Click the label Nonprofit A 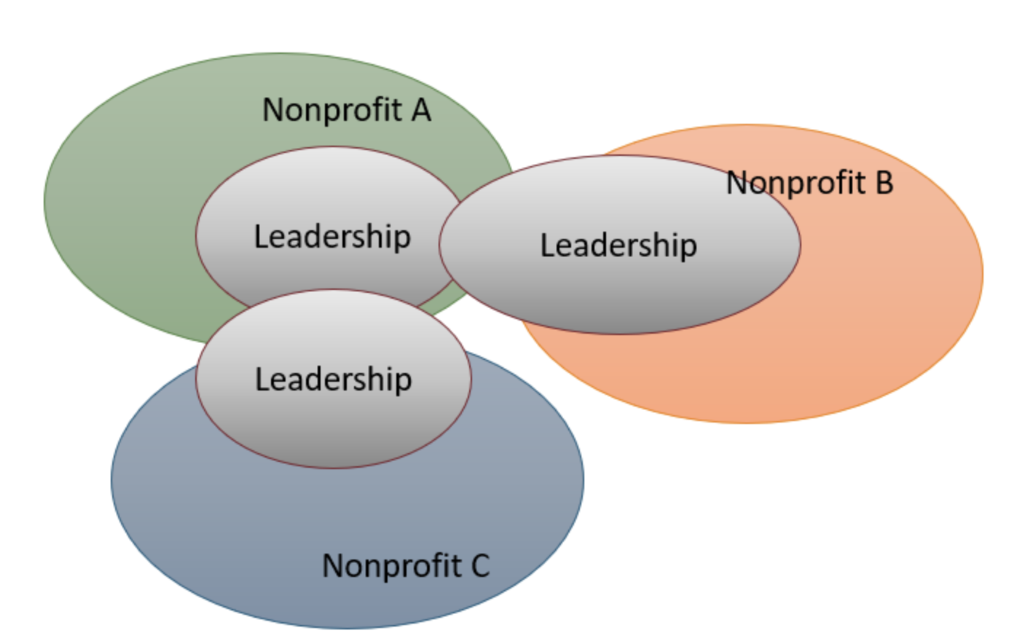(x=346, y=110)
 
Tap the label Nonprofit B (x=809, y=182)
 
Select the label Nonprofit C (x=406, y=565)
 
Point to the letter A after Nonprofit (x=420, y=110)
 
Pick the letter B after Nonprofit (x=883, y=182)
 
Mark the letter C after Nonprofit (x=480, y=565)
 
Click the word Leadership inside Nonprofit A (x=332, y=237)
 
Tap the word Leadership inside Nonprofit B (x=619, y=246)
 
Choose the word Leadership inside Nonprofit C (x=333, y=380)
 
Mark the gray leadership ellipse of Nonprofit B (x=619, y=299)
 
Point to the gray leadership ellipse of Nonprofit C (x=333, y=430)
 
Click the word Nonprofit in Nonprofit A (x=331, y=110)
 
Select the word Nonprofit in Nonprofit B (x=795, y=182)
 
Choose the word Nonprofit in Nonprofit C (x=391, y=565)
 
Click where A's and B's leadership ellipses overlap (x=452, y=240)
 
